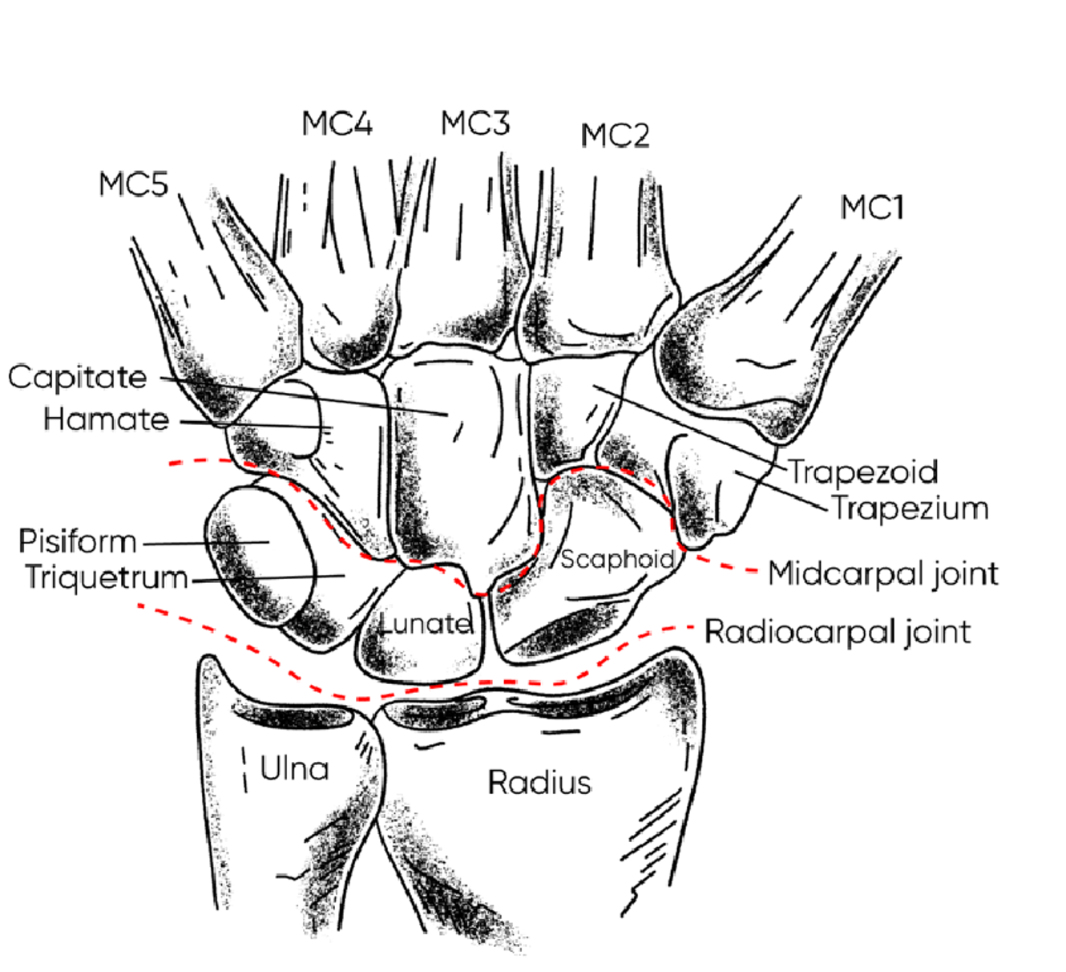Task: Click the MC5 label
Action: point(134,184)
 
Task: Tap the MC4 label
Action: point(337,124)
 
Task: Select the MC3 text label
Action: point(475,124)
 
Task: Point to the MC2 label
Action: point(615,136)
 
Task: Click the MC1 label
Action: point(872,209)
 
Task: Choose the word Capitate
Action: point(78,377)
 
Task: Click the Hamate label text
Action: point(107,419)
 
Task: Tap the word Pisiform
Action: point(78,541)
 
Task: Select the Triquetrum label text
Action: point(107,577)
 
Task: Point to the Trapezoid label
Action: point(863,472)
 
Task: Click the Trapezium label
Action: point(909,508)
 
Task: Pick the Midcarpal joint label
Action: point(883,574)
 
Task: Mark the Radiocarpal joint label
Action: point(838,632)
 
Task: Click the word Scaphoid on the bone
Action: point(616,559)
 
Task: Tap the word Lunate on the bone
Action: point(425,623)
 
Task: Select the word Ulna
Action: point(294,769)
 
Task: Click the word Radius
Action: point(539,782)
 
